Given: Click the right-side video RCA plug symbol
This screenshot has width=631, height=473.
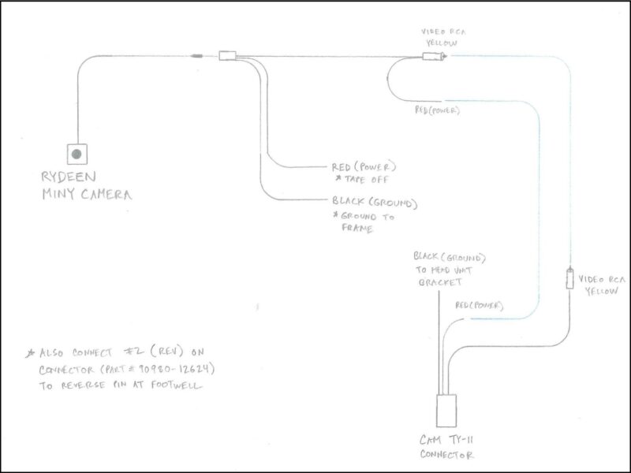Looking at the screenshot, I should pyautogui.click(x=569, y=279).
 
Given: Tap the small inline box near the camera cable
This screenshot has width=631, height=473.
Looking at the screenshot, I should pyautogui.click(x=228, y=56).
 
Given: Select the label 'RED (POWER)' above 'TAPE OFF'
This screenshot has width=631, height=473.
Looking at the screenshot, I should pyautogui.click(x=364, y=167).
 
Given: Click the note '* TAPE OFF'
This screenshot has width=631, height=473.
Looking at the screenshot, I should pyautogui.click(x=365, y=180).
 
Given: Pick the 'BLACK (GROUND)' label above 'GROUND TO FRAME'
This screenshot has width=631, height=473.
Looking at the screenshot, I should pyautogui.click(x=374, y=203).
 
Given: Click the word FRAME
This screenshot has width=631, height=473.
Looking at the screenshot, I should pyautogui.click(x=357, y=229).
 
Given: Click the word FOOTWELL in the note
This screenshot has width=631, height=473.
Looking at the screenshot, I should pyautogui.click(x=177, y=387).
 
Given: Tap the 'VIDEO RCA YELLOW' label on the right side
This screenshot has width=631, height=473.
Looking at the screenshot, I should pyautogui.click(x=602, y=284).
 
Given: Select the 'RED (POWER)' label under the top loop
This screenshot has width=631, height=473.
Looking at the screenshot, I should pyautogui.click(x=437, y=110).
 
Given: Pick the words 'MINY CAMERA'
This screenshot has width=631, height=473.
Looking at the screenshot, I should pyautogui.click(x=88, y=195).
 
